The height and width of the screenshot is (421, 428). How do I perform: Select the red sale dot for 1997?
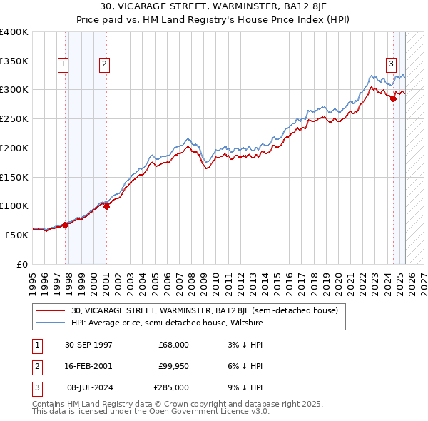66,225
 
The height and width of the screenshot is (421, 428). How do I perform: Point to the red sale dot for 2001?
106,206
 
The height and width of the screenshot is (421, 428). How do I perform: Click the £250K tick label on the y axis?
14,118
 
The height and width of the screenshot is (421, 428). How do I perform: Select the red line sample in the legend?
51,310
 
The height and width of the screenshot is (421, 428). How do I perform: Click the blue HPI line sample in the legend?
51,323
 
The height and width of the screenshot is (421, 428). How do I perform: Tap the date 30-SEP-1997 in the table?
88,345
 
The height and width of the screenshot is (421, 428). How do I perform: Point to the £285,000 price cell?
171,387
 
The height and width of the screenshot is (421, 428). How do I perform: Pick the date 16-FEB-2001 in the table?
88,366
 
